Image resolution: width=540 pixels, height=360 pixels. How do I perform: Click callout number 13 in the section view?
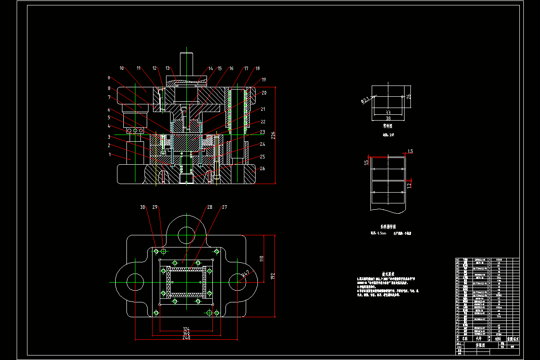(x=168, y=68)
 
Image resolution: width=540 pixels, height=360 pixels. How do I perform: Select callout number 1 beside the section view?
(x=109, y=154)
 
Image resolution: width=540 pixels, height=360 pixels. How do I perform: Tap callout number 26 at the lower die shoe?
(x=262, y=169)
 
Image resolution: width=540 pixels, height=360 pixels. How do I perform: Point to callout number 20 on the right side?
(x=264, y=93)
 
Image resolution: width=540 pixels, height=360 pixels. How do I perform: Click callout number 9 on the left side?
(x=109, y=77)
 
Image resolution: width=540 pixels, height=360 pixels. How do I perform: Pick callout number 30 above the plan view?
(x=143, y=207)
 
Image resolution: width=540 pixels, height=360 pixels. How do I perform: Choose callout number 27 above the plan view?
(x=225, y=207)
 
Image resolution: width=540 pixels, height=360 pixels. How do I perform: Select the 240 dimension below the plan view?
(x=186, y=337)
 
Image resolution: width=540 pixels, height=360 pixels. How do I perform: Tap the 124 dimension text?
(x=186, y=329)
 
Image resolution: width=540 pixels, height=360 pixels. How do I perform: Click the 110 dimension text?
(x=261, y=258)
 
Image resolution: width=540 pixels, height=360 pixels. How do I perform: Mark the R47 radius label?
(x=246, y=273)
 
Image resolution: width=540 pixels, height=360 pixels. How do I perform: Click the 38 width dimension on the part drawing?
(x=388, y=119)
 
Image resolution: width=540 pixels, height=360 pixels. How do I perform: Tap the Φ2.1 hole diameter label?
(x=365, y=99)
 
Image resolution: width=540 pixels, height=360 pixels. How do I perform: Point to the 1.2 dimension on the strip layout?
(x=409, y=184)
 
